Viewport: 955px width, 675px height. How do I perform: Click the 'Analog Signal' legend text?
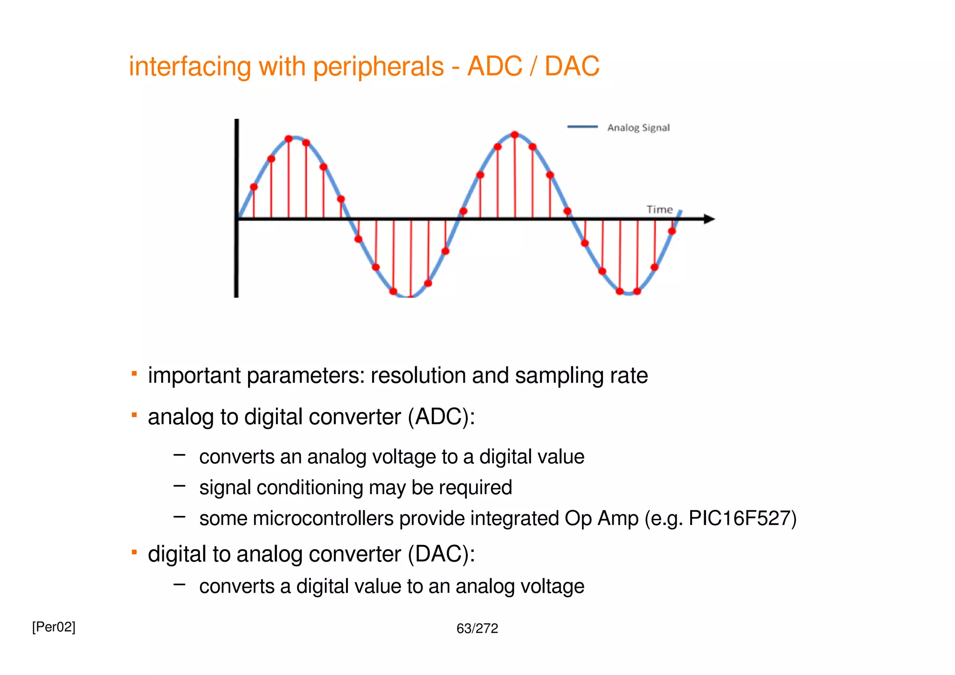click(x=638, y=128)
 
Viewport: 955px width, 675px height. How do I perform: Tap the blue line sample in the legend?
click(x=582, y=127)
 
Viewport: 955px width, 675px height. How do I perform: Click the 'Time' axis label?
click(x=659, y=210)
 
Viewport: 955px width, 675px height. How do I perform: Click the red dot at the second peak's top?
click(x=515, y=135)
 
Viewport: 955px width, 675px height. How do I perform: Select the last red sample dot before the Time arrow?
click(x=672, y=231)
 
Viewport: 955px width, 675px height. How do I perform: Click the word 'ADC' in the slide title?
click(x=495, y=66)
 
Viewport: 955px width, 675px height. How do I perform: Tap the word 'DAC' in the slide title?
click(x=572, y=66)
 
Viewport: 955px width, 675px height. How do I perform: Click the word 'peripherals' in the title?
click(x=378, y=67)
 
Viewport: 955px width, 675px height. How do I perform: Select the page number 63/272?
click(x=477, y=629)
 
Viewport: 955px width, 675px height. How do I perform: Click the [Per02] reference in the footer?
click(x=54, y=627)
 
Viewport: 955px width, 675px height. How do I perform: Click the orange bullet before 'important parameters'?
click(x=134, y=373)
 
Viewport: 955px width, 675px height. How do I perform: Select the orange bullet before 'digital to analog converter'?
click(x=134, y=552)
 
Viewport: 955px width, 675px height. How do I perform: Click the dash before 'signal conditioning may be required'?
click(x=180, y=486)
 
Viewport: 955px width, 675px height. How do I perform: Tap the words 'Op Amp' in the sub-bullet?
click(x=601, y=518)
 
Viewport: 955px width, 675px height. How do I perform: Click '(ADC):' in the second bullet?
click(x=441, y=417)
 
